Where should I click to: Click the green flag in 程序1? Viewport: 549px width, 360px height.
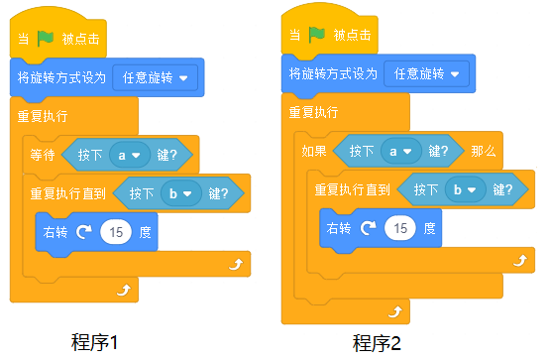(x=46, y=39)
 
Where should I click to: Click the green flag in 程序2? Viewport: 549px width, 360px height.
(x=317, y=35)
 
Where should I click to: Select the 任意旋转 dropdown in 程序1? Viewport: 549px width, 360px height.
(x=156, y=77)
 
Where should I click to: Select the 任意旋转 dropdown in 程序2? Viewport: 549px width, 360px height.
(x=426, y=74)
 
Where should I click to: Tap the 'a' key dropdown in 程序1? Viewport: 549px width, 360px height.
(x=130, y=155)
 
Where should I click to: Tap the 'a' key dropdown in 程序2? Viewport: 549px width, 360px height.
(x=401, y=151)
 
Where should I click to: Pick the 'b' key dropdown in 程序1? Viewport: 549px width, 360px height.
(x=181, y=193)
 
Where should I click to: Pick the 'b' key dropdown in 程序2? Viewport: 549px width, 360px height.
(x=466, y=189)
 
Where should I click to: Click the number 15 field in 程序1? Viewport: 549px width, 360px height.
(x=116, y=232)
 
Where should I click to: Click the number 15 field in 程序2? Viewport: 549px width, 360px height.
(x=400, y=228)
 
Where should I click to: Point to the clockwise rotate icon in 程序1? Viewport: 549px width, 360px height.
(x=84, y=231)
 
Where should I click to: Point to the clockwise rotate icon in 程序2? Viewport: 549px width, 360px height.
(x=369, y=228)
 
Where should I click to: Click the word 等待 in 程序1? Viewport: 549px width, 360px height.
(x=43, y=155)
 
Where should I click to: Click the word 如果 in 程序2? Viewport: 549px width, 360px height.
(x=314, y=151)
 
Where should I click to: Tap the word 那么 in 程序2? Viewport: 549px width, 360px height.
(x=484, y=151)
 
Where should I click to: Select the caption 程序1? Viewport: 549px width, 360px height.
(x=94, y=342)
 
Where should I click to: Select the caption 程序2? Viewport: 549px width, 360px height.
(x=377, y=343)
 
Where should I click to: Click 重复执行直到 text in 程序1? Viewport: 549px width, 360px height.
(x=68, y=193)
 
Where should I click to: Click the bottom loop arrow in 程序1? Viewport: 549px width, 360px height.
(x=124, y=290)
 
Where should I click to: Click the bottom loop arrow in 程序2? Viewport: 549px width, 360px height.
(x=395, y=311)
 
